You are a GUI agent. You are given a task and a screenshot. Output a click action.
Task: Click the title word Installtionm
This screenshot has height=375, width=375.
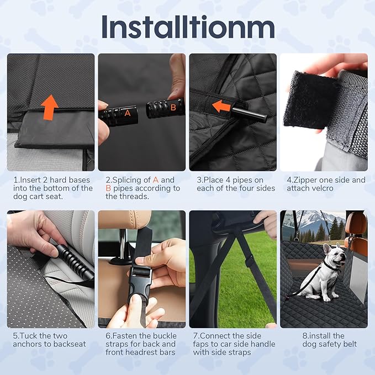pos(188,27)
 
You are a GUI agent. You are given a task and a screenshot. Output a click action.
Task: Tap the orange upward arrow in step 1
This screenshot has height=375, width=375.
pos(50,107)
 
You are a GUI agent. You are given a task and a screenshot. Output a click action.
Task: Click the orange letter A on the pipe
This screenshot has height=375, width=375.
pos(128,113)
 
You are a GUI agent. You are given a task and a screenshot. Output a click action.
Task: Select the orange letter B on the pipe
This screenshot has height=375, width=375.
pos(173,107)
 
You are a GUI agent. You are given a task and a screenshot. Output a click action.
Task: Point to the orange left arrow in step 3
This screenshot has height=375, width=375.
pos(221,107)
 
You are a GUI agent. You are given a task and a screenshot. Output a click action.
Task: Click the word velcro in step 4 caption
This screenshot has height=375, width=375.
pos(321,188)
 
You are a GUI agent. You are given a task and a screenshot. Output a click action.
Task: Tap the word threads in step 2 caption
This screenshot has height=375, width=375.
pos(134,197)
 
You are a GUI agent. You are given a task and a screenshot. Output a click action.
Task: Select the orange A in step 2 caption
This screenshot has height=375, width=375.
pos(156,180)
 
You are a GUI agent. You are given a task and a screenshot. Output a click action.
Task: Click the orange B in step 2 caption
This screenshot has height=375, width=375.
pos(108,188)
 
